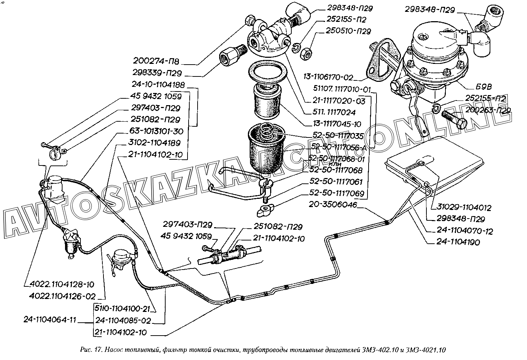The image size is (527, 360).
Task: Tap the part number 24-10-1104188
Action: coord(158,85)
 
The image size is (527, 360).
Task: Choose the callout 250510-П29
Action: coord(348,31)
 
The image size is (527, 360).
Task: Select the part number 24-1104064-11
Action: coord(50,320)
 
